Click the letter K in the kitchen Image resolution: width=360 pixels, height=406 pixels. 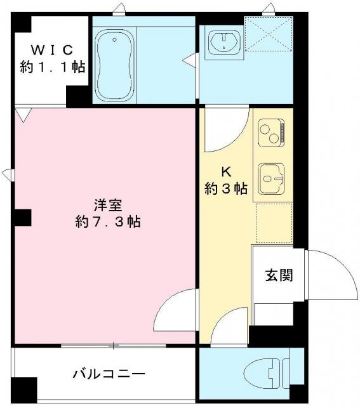click(x=225, y=171)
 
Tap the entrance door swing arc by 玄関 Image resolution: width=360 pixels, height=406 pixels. click(x=330, y=274)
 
